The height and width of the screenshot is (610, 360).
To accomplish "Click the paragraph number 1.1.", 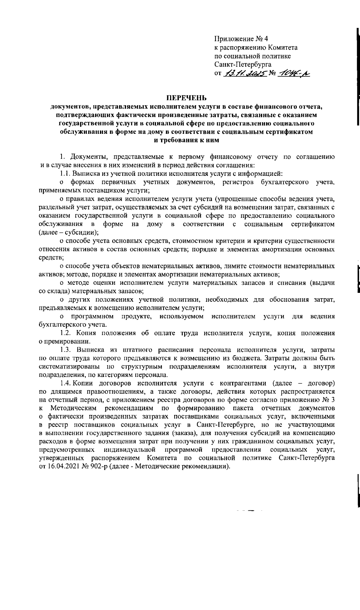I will (x=65, y=173).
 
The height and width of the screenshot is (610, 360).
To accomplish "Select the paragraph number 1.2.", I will (x=65, y=333).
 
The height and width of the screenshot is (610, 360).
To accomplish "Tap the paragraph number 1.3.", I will (x=65, y=350).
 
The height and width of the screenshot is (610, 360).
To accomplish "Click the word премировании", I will (x=66, y=341).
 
